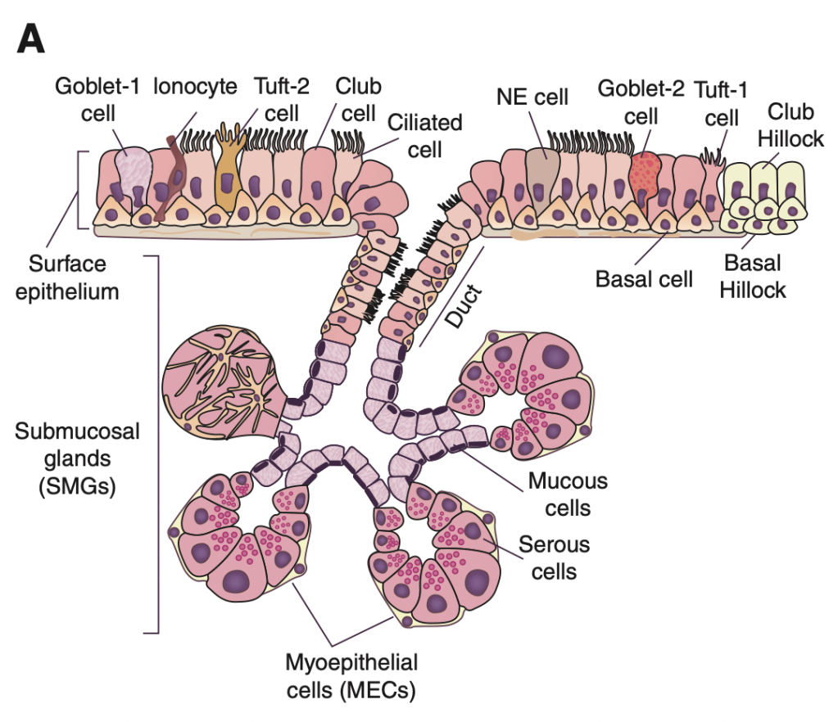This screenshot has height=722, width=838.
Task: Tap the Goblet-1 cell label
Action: [97, 98]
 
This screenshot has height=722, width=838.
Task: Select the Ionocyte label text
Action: [196, 85]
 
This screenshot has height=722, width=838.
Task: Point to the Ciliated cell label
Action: [425, 136]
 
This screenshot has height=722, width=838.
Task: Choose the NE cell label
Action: [532, 97]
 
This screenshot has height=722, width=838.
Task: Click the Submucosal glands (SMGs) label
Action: [77, 458]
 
